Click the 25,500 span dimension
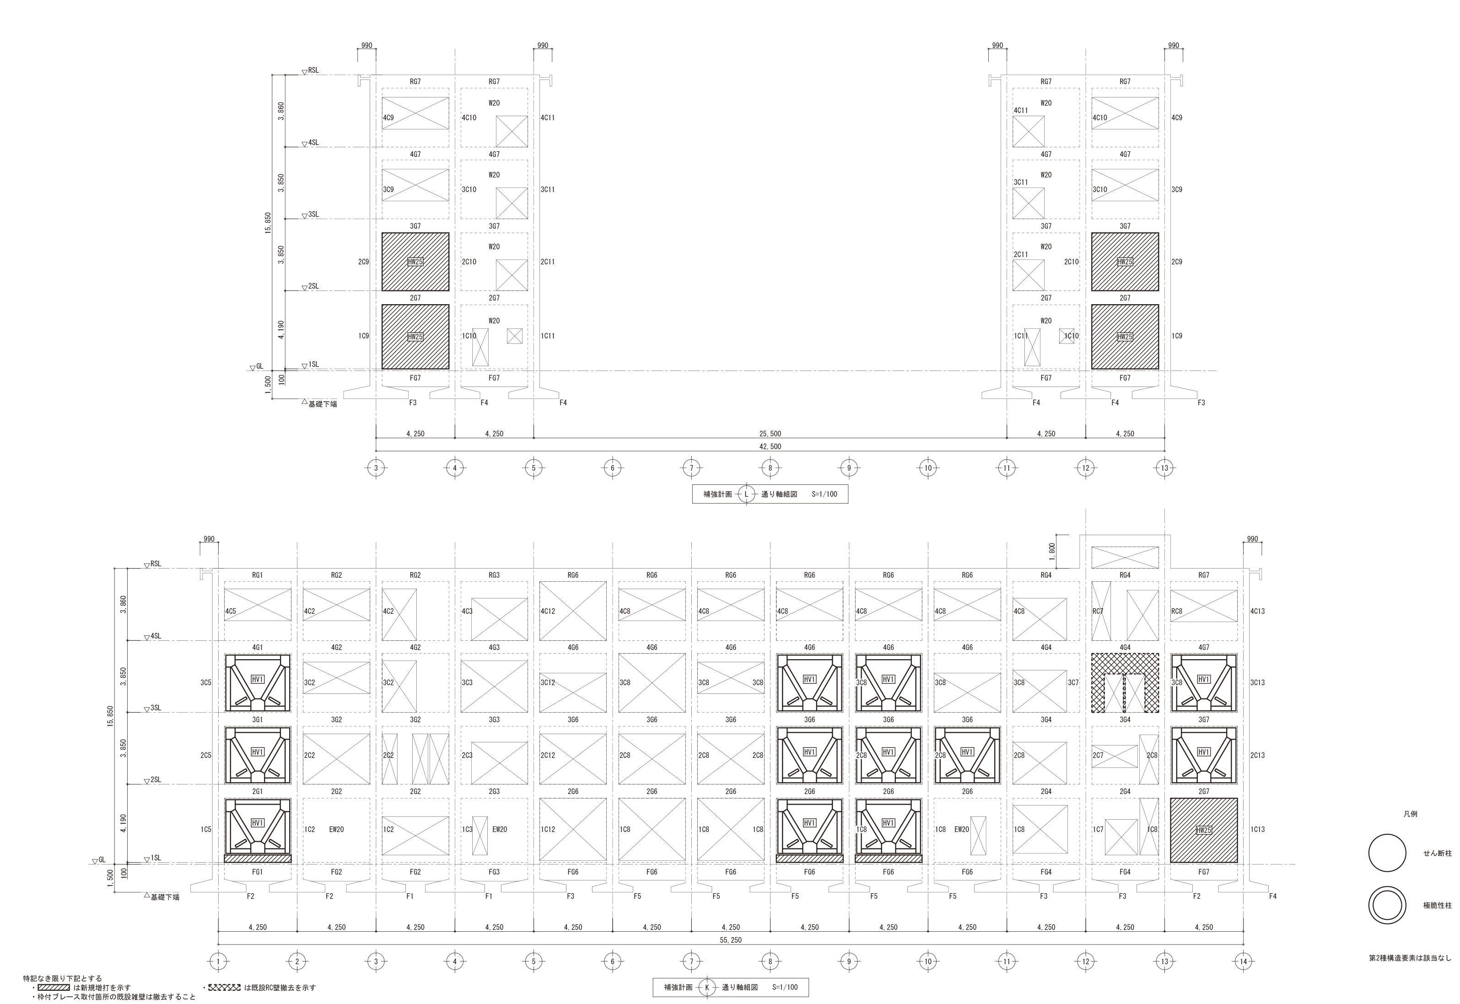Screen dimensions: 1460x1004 pos(770,434)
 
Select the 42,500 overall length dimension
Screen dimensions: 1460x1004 pos(770,446)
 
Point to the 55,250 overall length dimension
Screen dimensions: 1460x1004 pos(730,940)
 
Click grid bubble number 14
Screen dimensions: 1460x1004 pos(1243,961)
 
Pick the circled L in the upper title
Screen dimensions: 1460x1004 pos(746,494)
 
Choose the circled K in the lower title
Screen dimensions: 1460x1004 pos(707,988)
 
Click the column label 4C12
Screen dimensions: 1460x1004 pos(548,611)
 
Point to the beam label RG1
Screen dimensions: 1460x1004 pos(258,575)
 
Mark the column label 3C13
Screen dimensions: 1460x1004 pos(1257,682)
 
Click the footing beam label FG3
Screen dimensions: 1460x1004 pos(494,872)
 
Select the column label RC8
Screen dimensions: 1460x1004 pos(1177,611)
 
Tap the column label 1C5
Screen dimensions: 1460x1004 pos(206,829)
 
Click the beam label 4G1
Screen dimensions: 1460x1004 pos(258,647)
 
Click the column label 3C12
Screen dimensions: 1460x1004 pos(548,682)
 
